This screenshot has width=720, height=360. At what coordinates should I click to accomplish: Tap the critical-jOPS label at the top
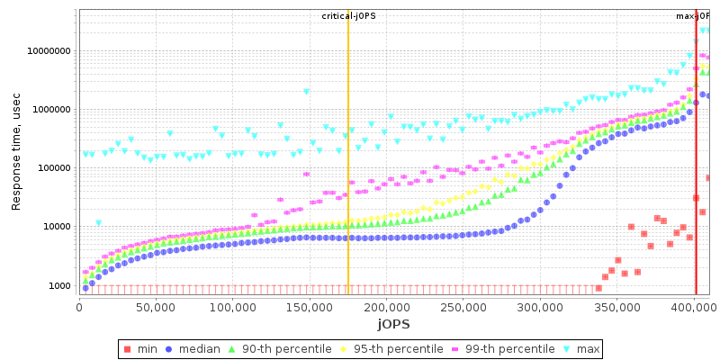(x=347, y=16)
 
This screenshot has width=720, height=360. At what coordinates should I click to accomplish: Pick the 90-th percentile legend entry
(x=273, y=348)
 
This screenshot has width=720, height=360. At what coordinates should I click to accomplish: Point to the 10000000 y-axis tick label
(x=46, y=51)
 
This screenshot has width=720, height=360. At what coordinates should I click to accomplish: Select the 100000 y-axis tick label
(x=51, y=168)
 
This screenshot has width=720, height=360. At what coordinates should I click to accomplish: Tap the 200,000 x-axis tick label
(x=386, y=307)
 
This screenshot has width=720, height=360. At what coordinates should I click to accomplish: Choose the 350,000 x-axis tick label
(x=616, y=307)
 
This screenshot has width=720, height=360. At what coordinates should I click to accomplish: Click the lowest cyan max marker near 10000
(x=98, y=223)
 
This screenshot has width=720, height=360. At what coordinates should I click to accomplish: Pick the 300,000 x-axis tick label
(x=540, y=307)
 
